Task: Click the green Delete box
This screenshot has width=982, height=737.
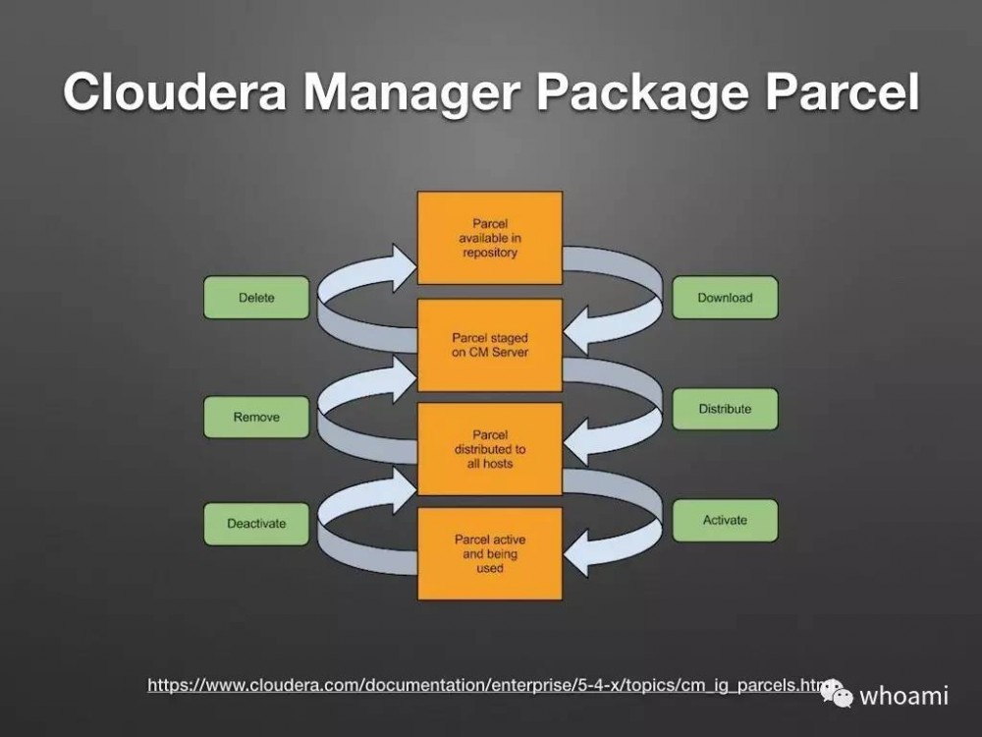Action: (256, 298)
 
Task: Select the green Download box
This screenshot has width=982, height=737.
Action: (725, 298)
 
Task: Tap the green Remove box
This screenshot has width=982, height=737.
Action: (256, 418)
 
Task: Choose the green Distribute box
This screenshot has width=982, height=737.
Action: (725, 409)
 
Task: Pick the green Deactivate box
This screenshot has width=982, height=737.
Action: (256, 524)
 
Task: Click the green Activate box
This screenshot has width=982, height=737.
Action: (725, 521)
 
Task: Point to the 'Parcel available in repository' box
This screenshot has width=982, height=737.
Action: (490, 239)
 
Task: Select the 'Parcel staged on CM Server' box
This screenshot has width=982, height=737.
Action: (490, 345)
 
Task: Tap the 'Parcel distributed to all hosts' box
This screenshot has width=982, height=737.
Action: (490, 449)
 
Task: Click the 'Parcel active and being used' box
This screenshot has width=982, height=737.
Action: (490, 554)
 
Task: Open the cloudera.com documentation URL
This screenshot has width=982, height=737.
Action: (481, 685)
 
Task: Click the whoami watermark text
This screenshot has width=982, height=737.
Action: (903, 696)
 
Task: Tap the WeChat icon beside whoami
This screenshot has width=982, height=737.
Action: (837, 693)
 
